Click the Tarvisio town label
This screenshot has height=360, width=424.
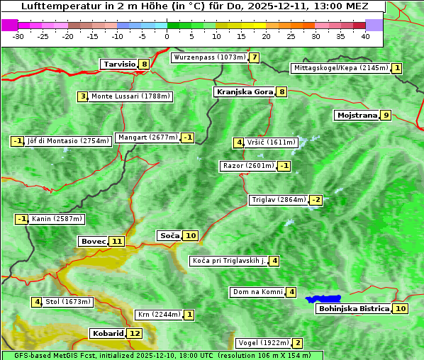[x=119, y=64]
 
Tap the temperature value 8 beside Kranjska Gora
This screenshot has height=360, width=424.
[x=281, y=91]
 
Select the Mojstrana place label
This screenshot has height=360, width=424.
[x=357, y=115]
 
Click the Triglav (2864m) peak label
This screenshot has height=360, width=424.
[x=279, y=200]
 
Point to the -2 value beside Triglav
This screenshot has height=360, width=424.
[x=316, y=200]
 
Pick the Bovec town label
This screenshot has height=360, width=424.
[x=93, y=241]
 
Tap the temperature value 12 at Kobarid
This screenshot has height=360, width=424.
[x=134, y=333]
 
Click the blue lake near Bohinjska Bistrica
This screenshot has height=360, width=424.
[x=323, y=299]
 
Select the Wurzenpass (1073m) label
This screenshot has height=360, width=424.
[x=210, y=57]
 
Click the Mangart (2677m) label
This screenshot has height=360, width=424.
[x=147, y=137]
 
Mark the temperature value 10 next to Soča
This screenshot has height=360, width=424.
[x=190, y=235]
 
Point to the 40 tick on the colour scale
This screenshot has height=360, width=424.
[x=365, y=35]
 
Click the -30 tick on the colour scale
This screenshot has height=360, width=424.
[x=18, y=35]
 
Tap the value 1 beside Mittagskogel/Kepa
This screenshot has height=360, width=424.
[x=397, y=68]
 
